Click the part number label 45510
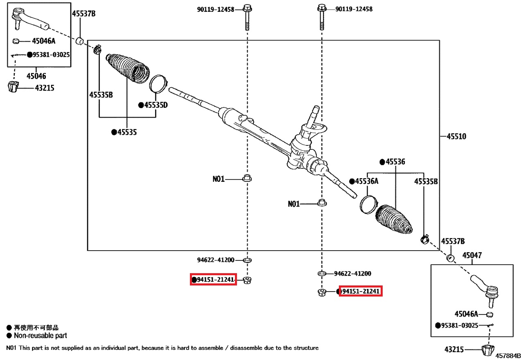tap(457, 136)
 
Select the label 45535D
tap(156, 105)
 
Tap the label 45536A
tap(367, 181)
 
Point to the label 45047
tap(472, 255)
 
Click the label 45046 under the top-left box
tap(36, 76)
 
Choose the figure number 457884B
tap(508, 356)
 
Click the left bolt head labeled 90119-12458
tap(247, 9)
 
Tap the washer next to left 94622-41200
tap(247, 260)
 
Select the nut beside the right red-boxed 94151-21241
tap(322, 292)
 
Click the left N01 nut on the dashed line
tap(247, 178)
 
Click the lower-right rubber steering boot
tap(394, 219)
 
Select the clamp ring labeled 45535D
tap(158, 84)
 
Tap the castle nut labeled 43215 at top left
tap(13, 87)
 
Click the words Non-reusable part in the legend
tap(41, 335)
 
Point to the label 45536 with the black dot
tap(395, 162)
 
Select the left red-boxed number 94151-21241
tap(215, 279)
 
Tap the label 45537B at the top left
tap(84, 14)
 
